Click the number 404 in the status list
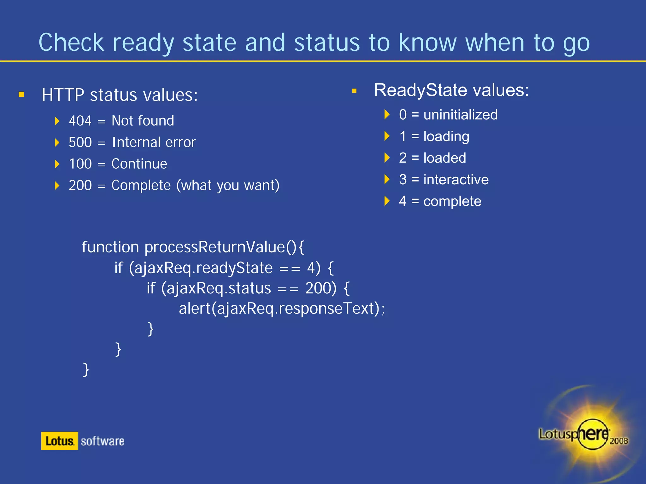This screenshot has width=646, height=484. point(80,121)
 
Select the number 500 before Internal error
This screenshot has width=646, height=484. point(80,142)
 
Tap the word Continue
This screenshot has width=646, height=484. point(139,164)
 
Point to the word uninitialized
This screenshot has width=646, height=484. point(460,115)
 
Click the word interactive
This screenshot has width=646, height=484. point(456,180)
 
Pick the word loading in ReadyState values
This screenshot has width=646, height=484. point(446,136)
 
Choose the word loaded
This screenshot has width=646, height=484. point(444,158)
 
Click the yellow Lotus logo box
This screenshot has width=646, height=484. point(60,441)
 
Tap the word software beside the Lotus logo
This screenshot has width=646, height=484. point(102,441)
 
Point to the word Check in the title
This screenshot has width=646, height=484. point(71,43)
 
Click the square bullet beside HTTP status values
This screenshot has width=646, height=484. point(21,95)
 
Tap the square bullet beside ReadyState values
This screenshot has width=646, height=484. point(354,91)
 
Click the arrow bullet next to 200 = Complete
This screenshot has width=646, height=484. point(57,185)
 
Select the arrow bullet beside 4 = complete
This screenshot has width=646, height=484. point(387,201)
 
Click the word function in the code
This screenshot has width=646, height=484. point(110,247)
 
